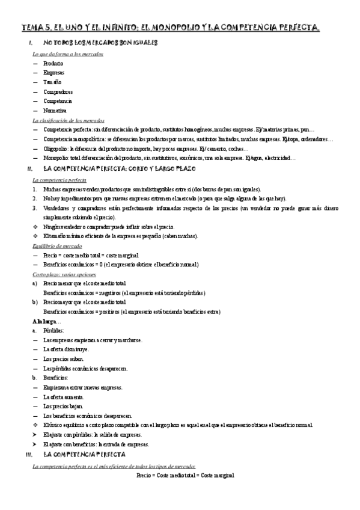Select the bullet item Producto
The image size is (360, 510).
[x=53, y=63]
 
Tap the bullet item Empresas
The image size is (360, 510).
[x=54, y=72]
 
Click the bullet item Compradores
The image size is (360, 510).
[x=58, y=91]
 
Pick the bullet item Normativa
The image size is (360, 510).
[x=55, y=111]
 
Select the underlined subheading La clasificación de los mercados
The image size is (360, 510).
[x=69, y=120]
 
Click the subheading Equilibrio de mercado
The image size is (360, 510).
[x=58, y=246]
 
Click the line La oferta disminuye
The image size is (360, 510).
[x=66, y=349]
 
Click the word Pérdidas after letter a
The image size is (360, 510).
[x=56, y=331]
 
